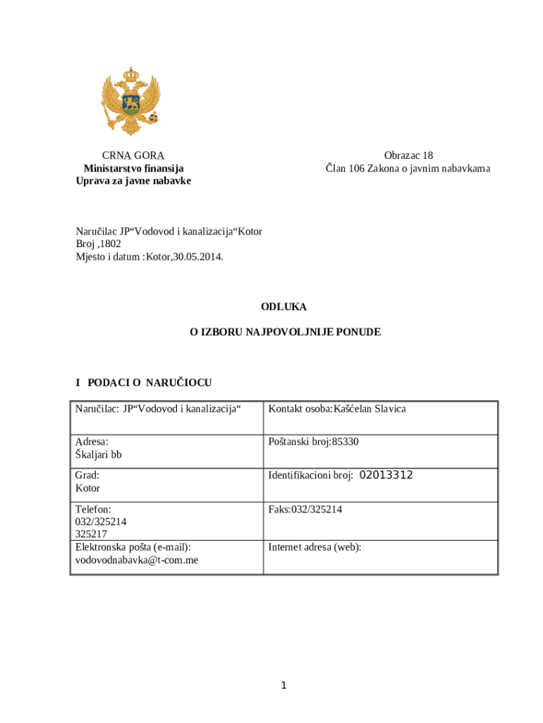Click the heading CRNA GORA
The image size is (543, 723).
click(x=133, y=156)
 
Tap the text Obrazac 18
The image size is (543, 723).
click(x=408, y=156)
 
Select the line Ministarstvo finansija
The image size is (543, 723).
click(x=133, y=169)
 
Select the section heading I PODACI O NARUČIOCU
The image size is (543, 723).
click(x=144, y=383)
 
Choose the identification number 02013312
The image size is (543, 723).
click(x=386, y=475)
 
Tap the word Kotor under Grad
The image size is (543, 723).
click(x=88, y=488)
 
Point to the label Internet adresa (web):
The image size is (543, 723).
click(x=315, y=546)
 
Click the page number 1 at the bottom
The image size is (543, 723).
click(x=283, y=686)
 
